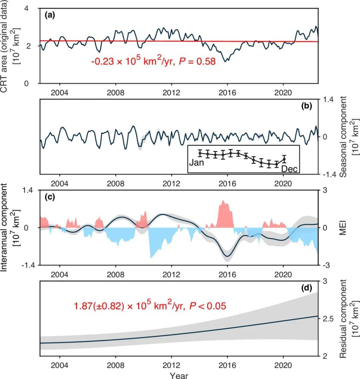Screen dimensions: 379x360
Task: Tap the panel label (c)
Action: tap(50, 197)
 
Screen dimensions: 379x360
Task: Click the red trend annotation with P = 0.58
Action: tap(153, 61)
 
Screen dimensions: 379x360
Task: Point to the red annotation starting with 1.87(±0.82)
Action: tap(150, 305)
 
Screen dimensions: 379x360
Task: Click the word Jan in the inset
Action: tap(196, 163)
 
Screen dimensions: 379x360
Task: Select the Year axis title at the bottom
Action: tap(179, 376)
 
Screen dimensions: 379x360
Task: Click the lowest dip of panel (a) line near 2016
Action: tap(226, 61)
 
